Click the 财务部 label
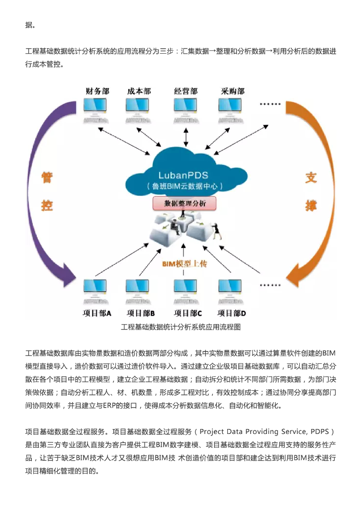coord(97,91)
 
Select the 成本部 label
coord(139,91)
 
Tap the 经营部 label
coord(185,91)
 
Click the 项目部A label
coord(97,313)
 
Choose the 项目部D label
coord(232,313)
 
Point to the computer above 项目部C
coord(185,290)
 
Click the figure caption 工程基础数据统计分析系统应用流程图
coord(180,327)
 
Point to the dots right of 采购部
coord(271,105)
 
